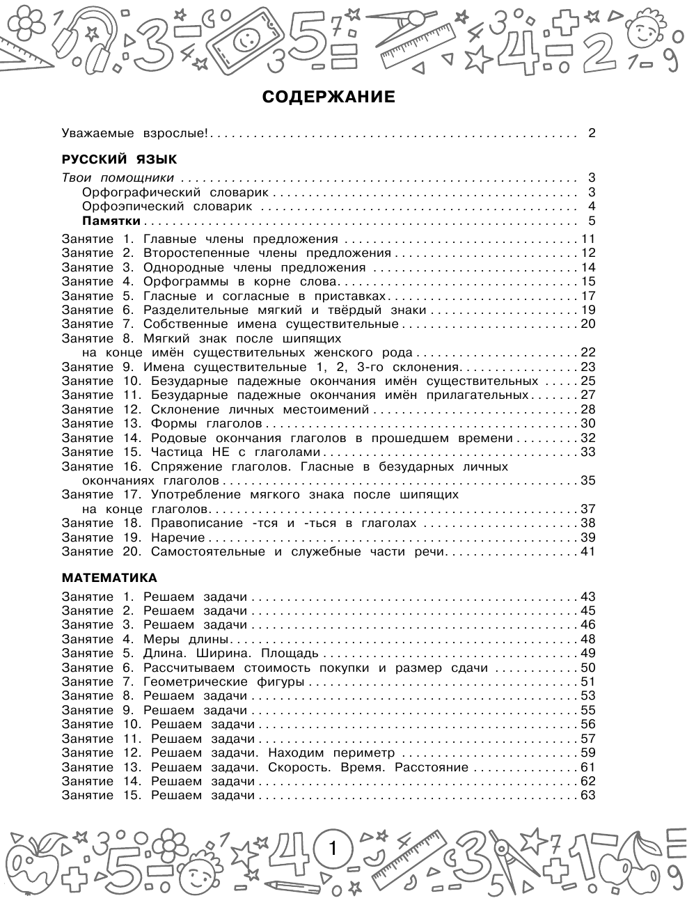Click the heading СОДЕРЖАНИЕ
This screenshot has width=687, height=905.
[328, 97]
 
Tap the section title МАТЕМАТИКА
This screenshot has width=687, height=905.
[109, 578]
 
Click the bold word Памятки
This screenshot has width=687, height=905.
[111, 221]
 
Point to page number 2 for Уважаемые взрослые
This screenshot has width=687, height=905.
[592, 133]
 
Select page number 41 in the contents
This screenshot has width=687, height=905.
[588, 552]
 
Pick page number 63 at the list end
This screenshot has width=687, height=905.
[588, 795]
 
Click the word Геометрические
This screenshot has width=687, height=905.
[189, 682]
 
